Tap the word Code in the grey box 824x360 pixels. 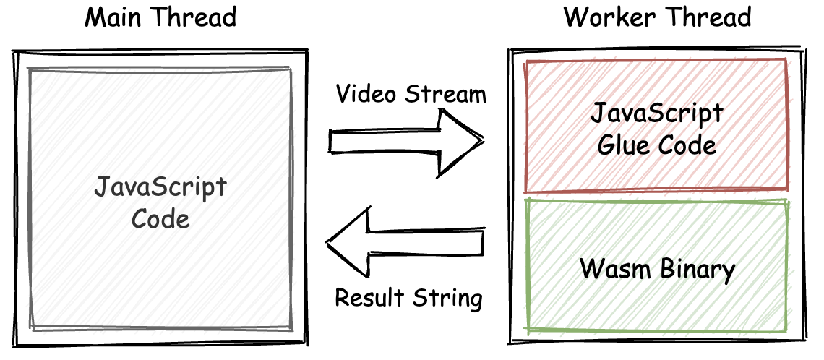(160, 218)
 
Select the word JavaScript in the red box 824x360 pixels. (656, 115)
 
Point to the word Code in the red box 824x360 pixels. (687, 145)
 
